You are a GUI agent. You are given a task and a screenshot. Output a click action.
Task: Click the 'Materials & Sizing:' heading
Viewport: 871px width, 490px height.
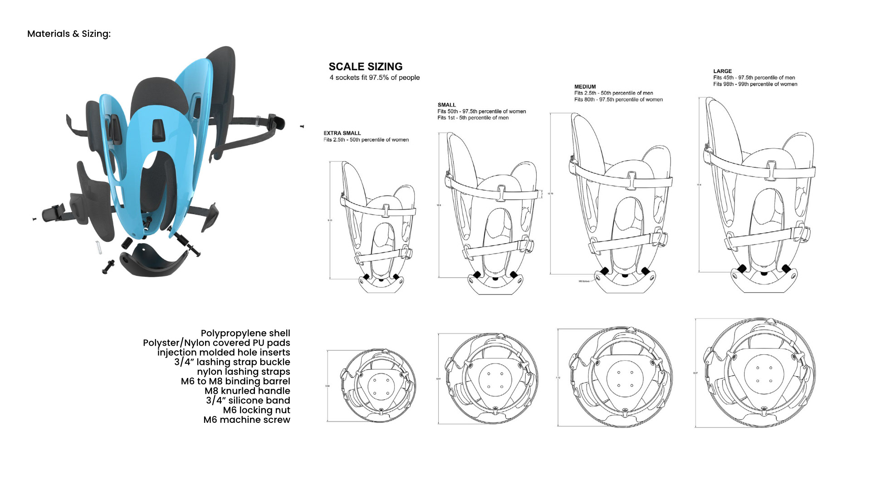[69, 34]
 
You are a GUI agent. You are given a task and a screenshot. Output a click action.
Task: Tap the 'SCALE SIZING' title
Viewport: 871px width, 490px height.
[365, 67]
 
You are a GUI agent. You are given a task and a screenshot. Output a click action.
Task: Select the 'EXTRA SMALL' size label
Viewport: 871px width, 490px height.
[342, 133]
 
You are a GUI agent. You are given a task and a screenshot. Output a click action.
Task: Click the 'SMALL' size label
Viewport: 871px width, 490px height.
[446, 105]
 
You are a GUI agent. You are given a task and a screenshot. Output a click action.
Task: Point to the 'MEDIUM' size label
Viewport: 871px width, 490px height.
[585, 87]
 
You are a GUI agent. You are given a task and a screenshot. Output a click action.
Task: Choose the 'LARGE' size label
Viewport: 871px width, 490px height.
[722, 71]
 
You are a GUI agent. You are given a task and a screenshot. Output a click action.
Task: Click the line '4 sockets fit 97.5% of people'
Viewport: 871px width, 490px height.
[374, 78]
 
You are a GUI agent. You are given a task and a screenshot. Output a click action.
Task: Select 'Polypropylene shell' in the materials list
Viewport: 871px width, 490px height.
[245, 333]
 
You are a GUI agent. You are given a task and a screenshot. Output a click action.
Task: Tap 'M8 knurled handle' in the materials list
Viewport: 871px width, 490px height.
[247, 391]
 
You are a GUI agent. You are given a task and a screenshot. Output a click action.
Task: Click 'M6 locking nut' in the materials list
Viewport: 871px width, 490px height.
[256, 410]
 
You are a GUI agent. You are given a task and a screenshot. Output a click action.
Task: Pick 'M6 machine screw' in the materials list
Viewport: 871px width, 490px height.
[247, 420]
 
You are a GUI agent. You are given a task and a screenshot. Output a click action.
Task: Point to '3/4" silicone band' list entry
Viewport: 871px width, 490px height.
[248, 401]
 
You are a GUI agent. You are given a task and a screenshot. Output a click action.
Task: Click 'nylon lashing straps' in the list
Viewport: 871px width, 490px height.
[243, 372]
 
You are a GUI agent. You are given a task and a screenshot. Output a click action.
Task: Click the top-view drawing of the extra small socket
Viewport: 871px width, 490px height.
[378, 386]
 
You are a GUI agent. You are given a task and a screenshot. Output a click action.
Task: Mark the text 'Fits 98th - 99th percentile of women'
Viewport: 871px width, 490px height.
[755, 84]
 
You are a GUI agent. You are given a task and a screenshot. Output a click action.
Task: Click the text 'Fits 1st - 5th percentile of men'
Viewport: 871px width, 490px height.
[473, 118]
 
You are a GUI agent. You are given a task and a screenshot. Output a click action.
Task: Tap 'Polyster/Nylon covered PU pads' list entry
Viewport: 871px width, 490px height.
[216, 343]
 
